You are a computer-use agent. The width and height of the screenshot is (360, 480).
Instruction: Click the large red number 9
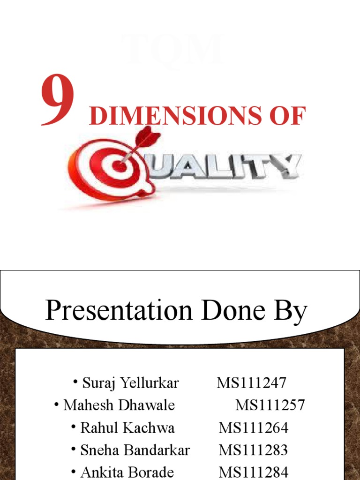[57, 101]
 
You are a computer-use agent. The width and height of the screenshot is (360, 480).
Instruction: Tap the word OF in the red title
[288, 116]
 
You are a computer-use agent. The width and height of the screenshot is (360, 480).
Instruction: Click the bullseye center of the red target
[121, 165]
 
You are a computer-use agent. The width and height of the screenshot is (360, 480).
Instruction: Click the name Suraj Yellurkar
[130, 383]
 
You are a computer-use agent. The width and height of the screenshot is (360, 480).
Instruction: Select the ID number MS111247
[251, 383]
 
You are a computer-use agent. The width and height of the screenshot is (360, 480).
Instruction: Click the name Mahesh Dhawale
[119, 405]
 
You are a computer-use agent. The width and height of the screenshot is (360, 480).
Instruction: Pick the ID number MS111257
[270, 405]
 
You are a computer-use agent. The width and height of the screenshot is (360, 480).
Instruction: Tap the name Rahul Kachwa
[127, 427]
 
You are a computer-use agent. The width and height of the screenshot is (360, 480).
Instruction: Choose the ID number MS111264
[253, 427]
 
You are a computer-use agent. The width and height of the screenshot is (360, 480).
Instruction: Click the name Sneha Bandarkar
[135, 450]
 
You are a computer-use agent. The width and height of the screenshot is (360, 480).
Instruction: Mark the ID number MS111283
[253, 450]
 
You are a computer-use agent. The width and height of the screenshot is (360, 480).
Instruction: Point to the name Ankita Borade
[127, 472]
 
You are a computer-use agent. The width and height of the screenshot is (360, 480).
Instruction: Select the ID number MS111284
[253, 472]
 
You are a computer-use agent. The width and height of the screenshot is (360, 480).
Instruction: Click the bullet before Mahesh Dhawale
[57, 404]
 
